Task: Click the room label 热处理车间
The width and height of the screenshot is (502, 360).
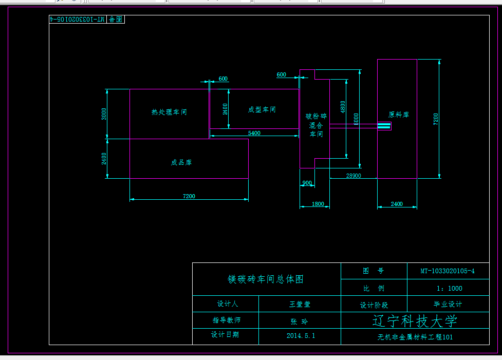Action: [x=169, y=112]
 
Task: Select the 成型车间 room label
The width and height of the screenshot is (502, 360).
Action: [x=262, y=109]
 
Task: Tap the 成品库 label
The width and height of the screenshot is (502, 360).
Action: [x=181, y=162]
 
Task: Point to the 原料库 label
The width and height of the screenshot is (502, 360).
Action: [x=399, y=115]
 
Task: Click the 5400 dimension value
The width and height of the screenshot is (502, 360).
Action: [x=254, y=133]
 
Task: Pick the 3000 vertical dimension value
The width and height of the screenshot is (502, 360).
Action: [x=104, y=113]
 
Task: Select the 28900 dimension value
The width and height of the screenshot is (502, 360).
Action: [x=354, y=176]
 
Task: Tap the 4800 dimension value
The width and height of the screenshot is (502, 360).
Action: [x=343, y=107]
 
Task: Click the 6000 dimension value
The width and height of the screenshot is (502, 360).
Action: [x=356, y=119]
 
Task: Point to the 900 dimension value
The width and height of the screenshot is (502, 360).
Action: [x=307, y=183]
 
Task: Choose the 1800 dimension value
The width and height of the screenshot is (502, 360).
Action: [x=318, y=204]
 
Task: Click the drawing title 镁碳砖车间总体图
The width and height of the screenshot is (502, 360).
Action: [x=266, y=279]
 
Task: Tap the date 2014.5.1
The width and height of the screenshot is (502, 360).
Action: [x=301, y=336]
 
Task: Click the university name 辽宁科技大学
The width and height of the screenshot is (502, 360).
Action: [x=414, y=321]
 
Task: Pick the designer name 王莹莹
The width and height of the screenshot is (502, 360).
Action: [x=300, y=304]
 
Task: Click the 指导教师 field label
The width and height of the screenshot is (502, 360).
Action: [x=226, y=320]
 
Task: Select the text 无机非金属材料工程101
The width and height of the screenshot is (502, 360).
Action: [x=415, y=337]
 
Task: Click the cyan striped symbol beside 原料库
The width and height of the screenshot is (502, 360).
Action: [x=384, y=126]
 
